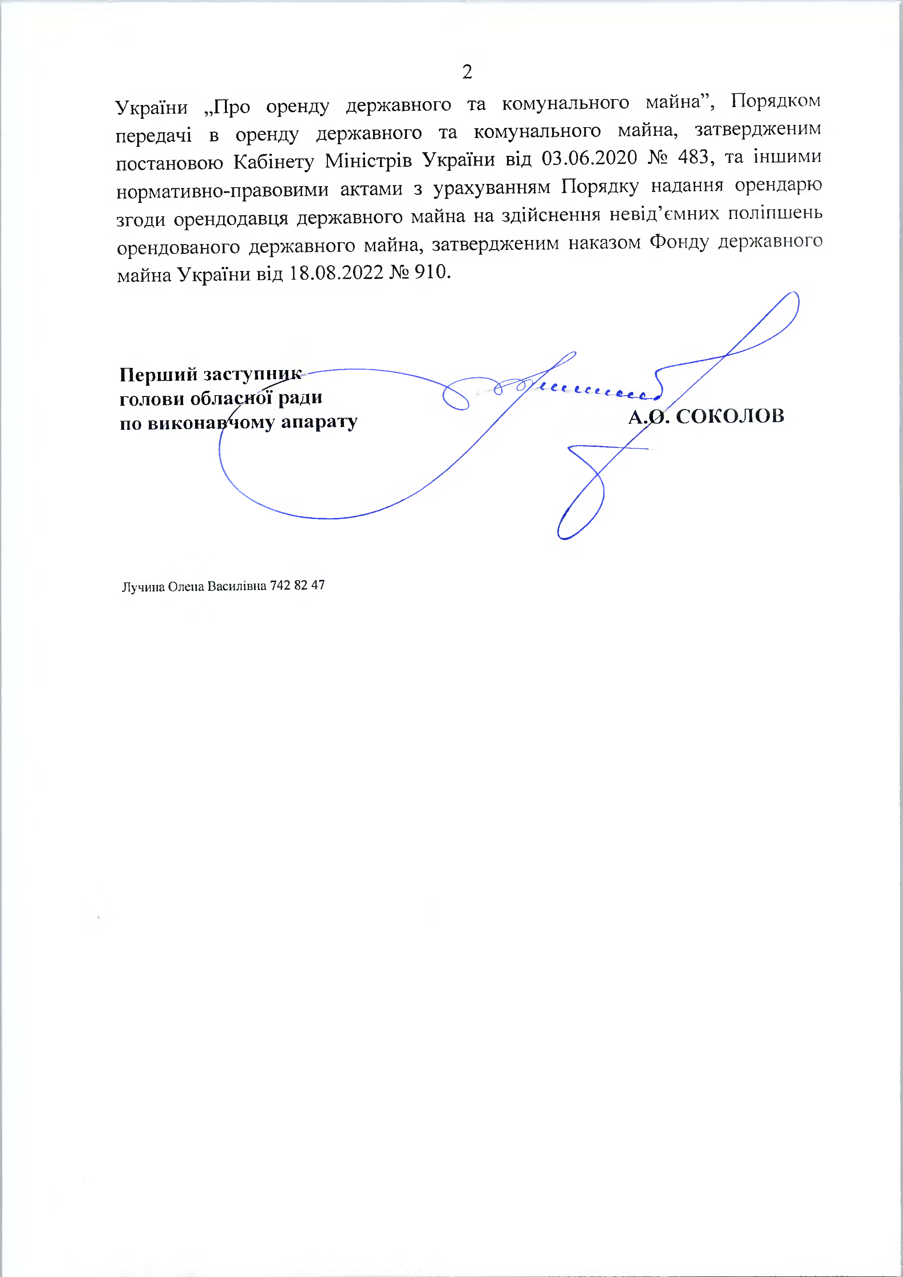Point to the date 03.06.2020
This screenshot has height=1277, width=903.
[589, 158]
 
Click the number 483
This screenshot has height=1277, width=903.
[693, 157]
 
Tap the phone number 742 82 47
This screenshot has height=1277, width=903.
[297, 585]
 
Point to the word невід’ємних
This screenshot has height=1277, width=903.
[664, 214]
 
